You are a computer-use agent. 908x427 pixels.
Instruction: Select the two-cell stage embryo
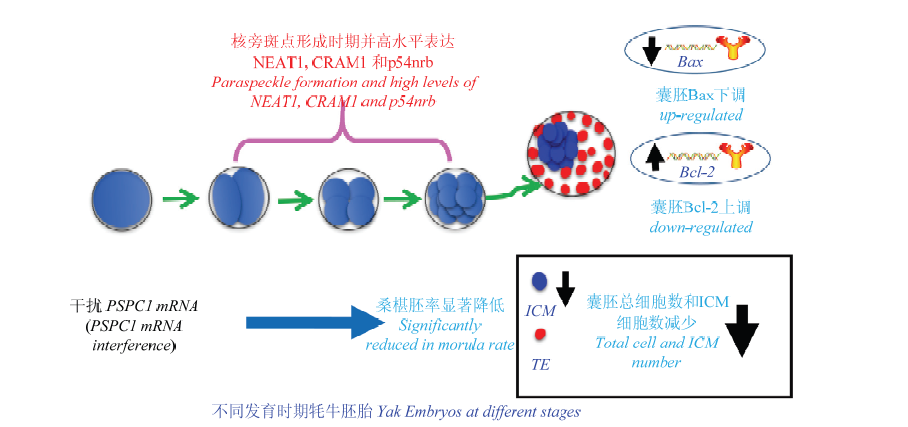[x=238, y=199]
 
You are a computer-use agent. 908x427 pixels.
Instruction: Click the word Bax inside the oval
[x=690, y=61]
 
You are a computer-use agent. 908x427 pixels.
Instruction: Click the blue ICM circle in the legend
[x=539, y=281]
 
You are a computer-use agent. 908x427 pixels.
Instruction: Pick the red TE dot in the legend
[x=539, y=334]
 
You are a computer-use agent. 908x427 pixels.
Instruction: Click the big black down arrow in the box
[x=741, y=330]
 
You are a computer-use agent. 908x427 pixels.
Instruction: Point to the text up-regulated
[x=701, y=115]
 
